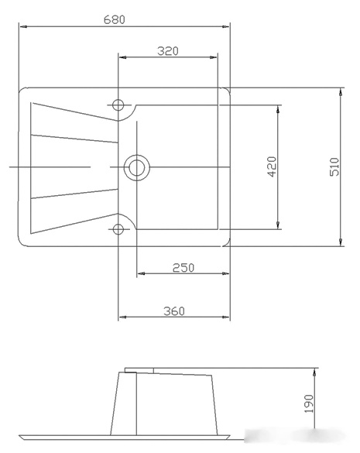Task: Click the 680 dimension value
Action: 115,19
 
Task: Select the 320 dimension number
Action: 168,51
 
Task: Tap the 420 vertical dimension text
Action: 272,166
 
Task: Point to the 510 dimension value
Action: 334,166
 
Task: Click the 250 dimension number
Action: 183,268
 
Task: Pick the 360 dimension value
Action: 174,311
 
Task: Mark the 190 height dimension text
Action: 309,403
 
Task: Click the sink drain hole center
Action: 137,167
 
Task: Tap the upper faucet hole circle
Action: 118,105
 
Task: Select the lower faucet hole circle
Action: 118,229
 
